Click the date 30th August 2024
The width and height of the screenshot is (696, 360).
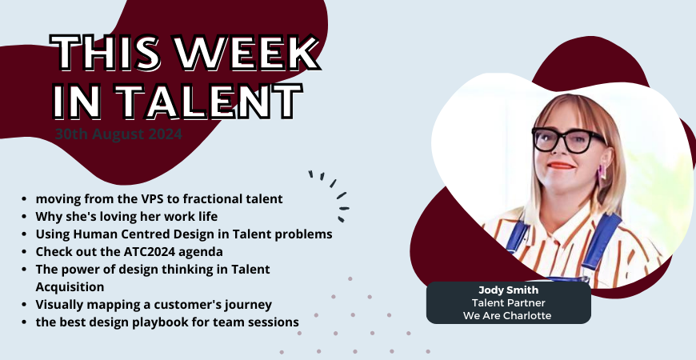tap(118, 134)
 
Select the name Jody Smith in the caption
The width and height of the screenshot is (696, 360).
tap(508, 290)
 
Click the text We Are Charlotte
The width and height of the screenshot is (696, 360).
tap(508, 315)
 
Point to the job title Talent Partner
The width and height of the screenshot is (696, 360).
tap(508, 302)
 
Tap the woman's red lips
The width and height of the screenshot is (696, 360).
tap(560, 166)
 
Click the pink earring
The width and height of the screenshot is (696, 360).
tap(599, 173)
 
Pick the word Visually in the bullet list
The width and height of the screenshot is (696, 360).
tap(58, 305)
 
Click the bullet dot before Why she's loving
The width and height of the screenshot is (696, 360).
tap(28, 217)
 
